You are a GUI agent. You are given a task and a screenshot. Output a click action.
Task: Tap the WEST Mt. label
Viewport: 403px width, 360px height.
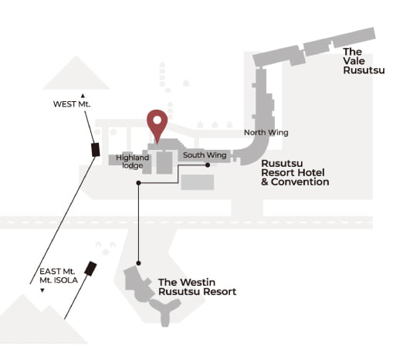[x=72, y=104]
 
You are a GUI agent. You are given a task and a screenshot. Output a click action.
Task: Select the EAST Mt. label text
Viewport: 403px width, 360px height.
[x=57, y=271]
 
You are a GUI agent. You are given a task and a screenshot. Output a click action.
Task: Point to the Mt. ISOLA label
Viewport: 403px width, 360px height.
[x=59, y=280]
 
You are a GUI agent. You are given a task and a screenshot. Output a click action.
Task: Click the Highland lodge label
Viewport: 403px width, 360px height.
[x=132, y=161]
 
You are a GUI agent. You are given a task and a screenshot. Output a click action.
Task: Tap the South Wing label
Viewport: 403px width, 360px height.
[x=205, y=155]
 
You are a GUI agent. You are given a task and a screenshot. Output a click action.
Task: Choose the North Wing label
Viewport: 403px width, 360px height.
[x=266, y=133]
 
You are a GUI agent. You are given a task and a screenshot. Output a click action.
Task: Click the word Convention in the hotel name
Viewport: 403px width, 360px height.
[x=300, y=182]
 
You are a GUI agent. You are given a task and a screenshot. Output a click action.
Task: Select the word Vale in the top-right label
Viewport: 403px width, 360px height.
[x=354, y=61]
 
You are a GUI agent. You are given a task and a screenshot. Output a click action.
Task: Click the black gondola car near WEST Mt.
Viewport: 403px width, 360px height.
[x=96, y=150]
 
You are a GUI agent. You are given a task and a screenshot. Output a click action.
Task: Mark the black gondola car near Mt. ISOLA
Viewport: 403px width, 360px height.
[x=90, y=269]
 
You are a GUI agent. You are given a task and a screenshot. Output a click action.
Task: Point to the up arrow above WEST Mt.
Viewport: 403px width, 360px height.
[x=83, y=96]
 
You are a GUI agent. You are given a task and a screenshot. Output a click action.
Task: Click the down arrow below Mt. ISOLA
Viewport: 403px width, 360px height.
[x=42, y=290]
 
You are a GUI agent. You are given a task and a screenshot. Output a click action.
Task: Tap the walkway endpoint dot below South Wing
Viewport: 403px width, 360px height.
[x=208, y=165]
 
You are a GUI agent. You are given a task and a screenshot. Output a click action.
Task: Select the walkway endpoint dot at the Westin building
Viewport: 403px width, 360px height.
[x=138, y=263]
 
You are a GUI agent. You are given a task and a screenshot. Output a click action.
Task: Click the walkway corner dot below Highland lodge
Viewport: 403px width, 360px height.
[x=138, y=183]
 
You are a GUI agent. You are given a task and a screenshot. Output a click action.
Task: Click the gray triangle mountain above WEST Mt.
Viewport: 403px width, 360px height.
[x=76, y=75]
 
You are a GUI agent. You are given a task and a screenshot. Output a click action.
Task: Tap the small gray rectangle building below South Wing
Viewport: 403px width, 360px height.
[x=198, y=182]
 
